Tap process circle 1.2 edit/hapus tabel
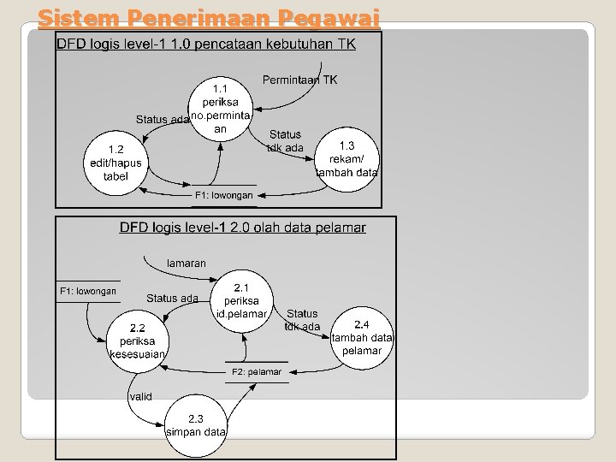point(115,163)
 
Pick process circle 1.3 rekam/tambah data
point(347,159)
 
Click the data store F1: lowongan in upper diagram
point(224,195)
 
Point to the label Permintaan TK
point(299,80)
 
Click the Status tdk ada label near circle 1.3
point(285,141)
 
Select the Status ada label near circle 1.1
point(162,120)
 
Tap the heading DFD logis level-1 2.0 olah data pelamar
point(242,228)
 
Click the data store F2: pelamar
point(257,371)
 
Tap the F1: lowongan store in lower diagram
point(88,292)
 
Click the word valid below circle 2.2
point(141,396)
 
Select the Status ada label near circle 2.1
point(172,299)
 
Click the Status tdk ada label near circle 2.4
point(302,320)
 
